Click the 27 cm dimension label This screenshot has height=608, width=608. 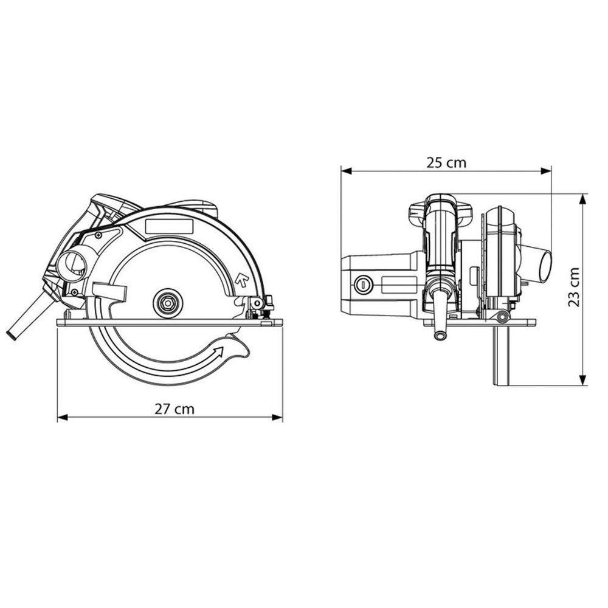click(174, 409)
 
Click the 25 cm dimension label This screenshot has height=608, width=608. click(446, 162)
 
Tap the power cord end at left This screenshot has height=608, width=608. click(12, 334)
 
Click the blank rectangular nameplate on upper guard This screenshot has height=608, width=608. click(169, 227)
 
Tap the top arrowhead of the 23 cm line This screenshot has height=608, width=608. click(583, 198)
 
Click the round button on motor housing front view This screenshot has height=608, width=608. click(364, 283)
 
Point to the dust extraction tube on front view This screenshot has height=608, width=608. click(540, 263)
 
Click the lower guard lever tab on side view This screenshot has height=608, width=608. click(111, 293)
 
